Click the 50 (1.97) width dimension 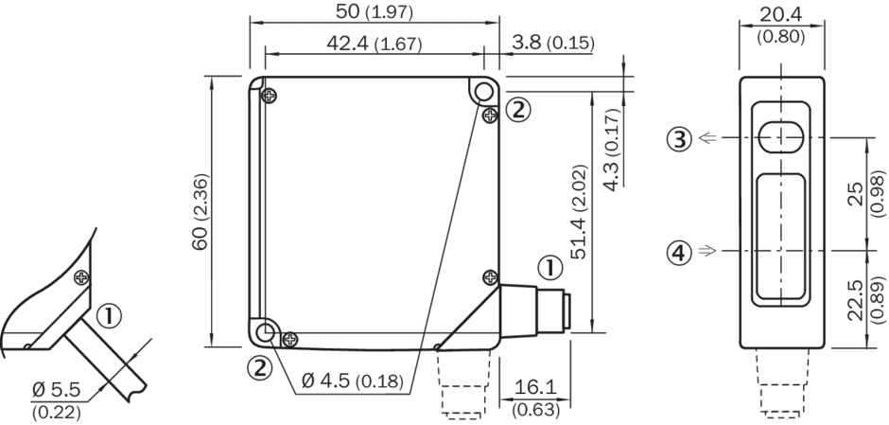375,12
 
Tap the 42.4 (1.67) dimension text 375,44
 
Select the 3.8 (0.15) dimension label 553,42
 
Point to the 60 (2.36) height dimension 200,212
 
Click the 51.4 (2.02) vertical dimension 579,212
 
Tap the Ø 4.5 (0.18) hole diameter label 352,381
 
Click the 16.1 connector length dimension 535,398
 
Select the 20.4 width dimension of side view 780,25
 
